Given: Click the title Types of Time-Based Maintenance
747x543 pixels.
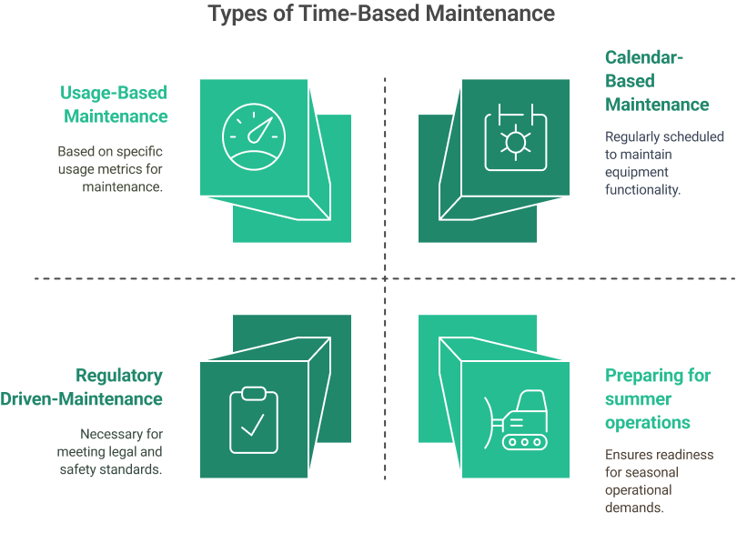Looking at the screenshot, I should [381, 14].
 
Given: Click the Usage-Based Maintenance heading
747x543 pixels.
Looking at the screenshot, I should [115, 105].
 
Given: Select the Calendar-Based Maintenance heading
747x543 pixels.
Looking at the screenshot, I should [657, 81].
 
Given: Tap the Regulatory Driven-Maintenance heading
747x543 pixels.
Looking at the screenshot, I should [107, 387].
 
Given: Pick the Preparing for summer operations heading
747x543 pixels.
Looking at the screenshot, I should [658, 398].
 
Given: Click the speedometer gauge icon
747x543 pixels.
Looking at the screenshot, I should [254, 136].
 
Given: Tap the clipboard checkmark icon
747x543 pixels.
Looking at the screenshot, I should [254, 419].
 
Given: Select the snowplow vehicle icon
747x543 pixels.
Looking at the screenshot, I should [517, 420].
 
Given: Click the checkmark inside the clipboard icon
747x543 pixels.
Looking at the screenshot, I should [253, 424].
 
